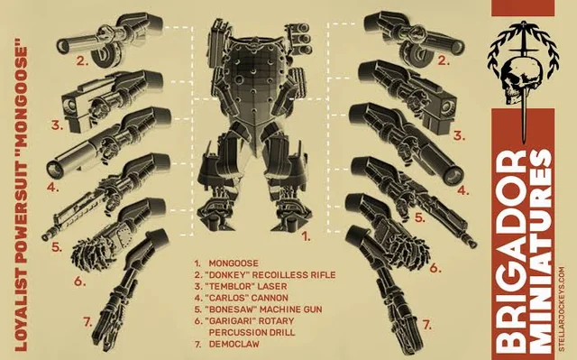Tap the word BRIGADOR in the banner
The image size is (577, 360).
tap(513, 254)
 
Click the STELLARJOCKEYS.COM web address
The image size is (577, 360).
tap(562, 309)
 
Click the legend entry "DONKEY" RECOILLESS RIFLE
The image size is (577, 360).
tap(265, 275)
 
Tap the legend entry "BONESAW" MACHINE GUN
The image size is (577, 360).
tap(259, 309)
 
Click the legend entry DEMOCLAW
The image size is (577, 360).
tap(234, 344)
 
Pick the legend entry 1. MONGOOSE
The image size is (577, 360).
tap(226, 263)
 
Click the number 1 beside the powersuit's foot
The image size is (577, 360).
tap(306, 236)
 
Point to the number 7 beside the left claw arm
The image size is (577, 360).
tap(87, 323)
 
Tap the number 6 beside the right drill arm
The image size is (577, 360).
tap(435, 268)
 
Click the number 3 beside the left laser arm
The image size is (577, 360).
tap(57, 125)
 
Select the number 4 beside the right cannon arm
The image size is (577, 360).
tap(463, 191)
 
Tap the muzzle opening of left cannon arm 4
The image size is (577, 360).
tap(54, 168)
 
